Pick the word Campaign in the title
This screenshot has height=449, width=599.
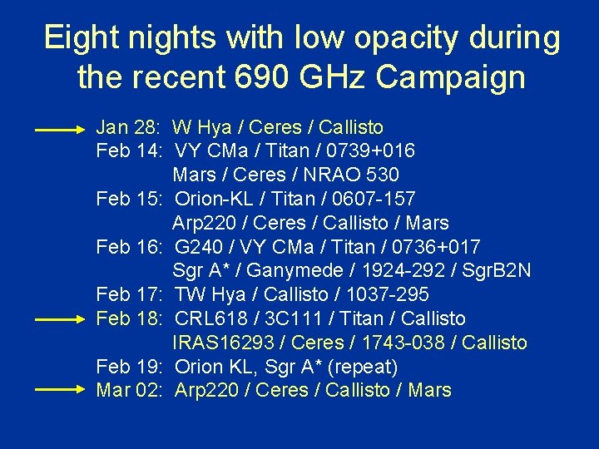tap(450, 77)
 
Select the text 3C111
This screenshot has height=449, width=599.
tap(285, 318)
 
